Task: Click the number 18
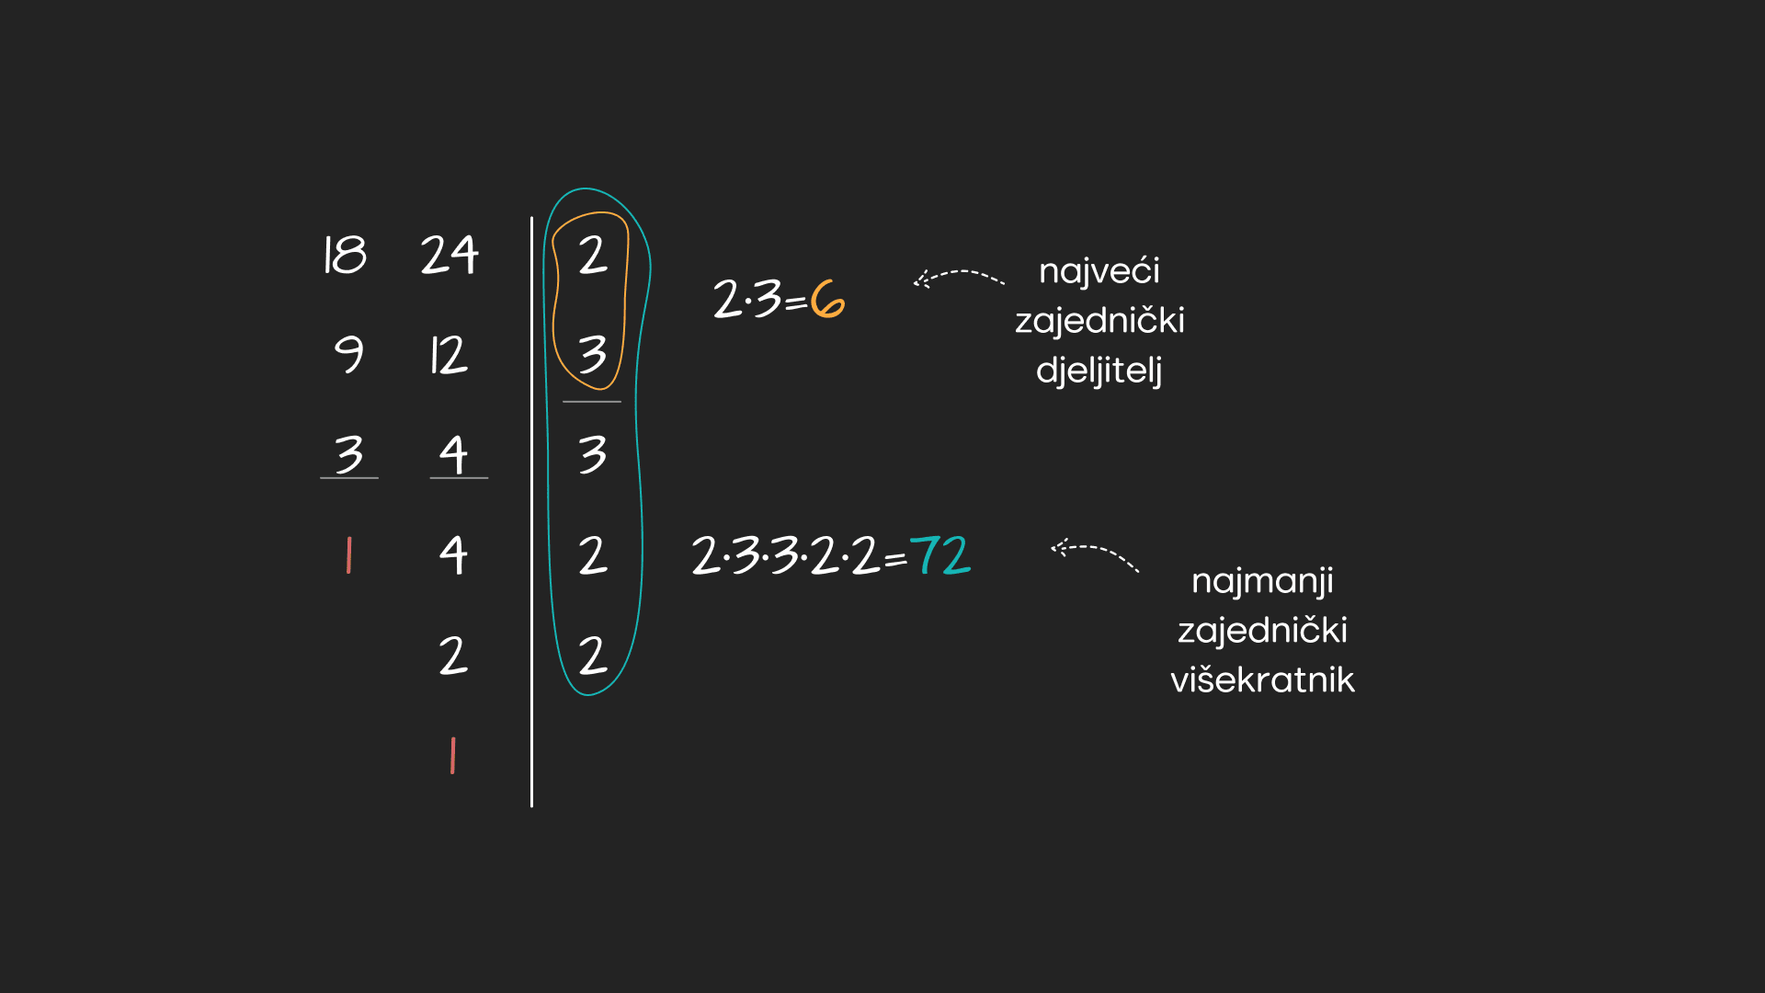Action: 345,255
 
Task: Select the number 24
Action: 450,255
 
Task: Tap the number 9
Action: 348,354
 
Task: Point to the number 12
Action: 449,355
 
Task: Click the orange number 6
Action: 827,300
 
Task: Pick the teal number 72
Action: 939,555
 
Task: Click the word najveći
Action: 1099,271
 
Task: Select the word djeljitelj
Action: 1099,371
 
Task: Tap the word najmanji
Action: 1262,581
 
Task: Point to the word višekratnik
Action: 1262,680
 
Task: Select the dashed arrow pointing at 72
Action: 1094,554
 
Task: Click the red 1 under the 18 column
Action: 348,555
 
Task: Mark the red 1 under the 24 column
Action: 452,756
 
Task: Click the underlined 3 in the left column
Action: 349,454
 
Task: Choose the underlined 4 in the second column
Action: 453,454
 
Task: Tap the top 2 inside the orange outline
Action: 593,255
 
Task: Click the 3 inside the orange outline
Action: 593,354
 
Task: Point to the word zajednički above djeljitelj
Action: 1099,321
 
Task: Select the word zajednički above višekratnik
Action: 1262,631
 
